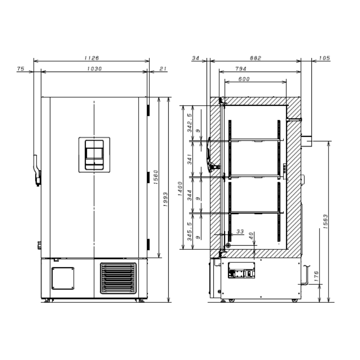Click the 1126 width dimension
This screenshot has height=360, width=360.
(x=92, y=58)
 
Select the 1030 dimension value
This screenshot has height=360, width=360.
(x=94, y=69)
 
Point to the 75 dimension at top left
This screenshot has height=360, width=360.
(x=20, y=69)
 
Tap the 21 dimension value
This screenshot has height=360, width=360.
(x=162, y=69)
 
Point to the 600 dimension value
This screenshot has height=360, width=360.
(x=244, y=79)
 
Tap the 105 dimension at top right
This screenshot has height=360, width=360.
(x=324, y=58)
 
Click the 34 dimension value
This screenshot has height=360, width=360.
(x=195, y=58)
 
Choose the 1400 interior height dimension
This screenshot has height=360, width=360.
(x=179, y=186)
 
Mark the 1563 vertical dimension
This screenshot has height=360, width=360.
(x=325, y=221)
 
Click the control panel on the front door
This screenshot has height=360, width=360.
(x=94, y=154)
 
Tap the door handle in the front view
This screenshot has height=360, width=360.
(x=36, y=170)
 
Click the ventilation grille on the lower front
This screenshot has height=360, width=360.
(x=117, y=278)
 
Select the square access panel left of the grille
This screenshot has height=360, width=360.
(x=63, y=278)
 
